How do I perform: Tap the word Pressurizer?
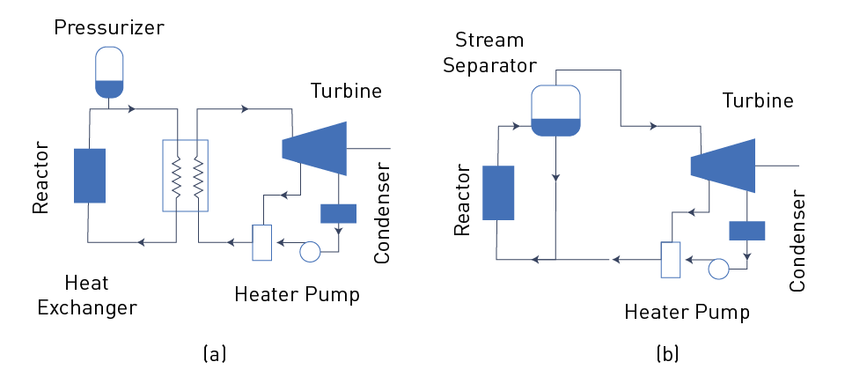click(x=109, y=27)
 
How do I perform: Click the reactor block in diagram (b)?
click(x=497, y=191)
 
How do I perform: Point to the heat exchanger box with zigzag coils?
click(x=186, y=175)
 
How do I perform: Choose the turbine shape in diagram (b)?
click(x=723, y=166)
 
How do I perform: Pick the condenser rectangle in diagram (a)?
click(x=338, y=213)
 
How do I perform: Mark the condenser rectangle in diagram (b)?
click(x=746, y=230)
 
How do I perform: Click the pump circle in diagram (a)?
click(x=311, y=251)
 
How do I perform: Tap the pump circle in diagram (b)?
click(x=718, y=268)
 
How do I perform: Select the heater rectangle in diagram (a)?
click(x=262, y=241)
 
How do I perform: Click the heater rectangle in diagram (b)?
click(x=671, y=259)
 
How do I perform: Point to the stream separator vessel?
click(x=555, y=110)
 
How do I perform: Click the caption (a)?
click(x=215, y=354)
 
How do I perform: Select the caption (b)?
click(x=666, y=354)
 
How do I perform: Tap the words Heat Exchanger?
click(x=100, y=295)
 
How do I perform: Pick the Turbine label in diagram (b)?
click(x=758, y=101)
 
